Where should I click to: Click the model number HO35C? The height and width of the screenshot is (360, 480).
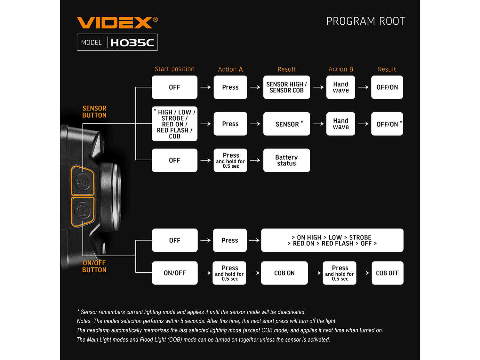click(x=132, y=43)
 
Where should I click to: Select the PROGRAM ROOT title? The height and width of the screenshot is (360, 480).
click(x=365, y=21)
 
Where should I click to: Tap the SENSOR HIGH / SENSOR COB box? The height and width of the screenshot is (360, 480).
click(x=286, y=87)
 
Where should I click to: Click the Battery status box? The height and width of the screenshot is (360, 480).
click(x=286, y=160)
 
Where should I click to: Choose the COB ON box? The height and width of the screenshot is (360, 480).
click(x=284, y=273)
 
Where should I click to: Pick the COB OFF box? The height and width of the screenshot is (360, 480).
click(x=387, y=273)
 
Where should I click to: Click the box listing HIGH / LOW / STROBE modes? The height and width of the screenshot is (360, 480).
click(x=174, y=124)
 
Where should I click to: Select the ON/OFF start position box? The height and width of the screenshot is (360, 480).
click(x=174, y=273)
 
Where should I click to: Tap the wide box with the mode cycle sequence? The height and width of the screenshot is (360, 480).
click(x=332, y=240)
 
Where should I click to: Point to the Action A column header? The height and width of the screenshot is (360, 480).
click(x=230, y=69)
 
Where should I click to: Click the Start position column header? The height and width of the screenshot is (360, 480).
click(x=174, y=69)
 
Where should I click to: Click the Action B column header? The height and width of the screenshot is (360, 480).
click(x=340, y=69)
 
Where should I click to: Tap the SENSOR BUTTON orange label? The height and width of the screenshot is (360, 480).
click(x=94, y=112)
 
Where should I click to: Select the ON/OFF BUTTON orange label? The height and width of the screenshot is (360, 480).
click(x=94, y=266)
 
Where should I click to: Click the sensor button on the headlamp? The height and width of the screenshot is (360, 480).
click(x=83, y=181)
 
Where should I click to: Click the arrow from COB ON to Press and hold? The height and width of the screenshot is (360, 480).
click(x=316, y=273)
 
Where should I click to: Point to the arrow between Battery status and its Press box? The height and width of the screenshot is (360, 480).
click(x=255, y=160)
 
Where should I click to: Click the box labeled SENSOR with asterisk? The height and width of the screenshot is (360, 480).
click(x=286, y=124)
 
